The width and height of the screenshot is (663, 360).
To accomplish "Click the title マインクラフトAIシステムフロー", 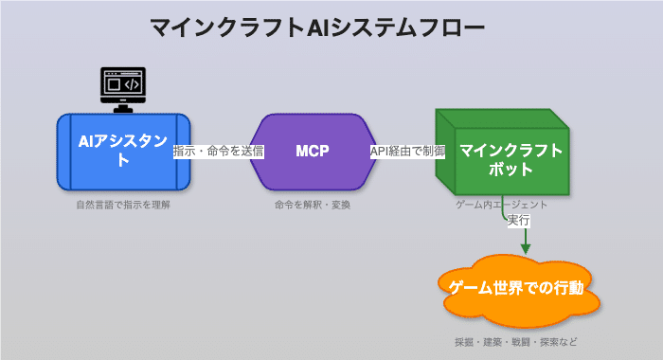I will (x=317, y=27).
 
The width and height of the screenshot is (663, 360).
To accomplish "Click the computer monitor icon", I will (x=123, y=87).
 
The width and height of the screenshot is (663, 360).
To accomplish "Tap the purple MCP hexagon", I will (x=312, y=152).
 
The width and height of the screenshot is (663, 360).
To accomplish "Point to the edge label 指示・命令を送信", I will (x=219, y=152).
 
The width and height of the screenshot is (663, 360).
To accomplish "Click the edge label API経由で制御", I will (x=407, y=152).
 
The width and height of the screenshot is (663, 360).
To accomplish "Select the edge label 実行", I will (x=518, y=220).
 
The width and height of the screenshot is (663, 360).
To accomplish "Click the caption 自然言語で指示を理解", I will (x=123, y=204).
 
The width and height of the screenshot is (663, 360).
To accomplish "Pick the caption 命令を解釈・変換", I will (x=312, y=204).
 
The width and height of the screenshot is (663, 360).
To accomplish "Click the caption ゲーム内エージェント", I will (x=501, y=204).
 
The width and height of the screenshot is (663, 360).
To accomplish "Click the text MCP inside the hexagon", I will (x=312, y=152).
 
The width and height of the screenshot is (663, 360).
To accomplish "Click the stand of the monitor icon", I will (x=123, y=105).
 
